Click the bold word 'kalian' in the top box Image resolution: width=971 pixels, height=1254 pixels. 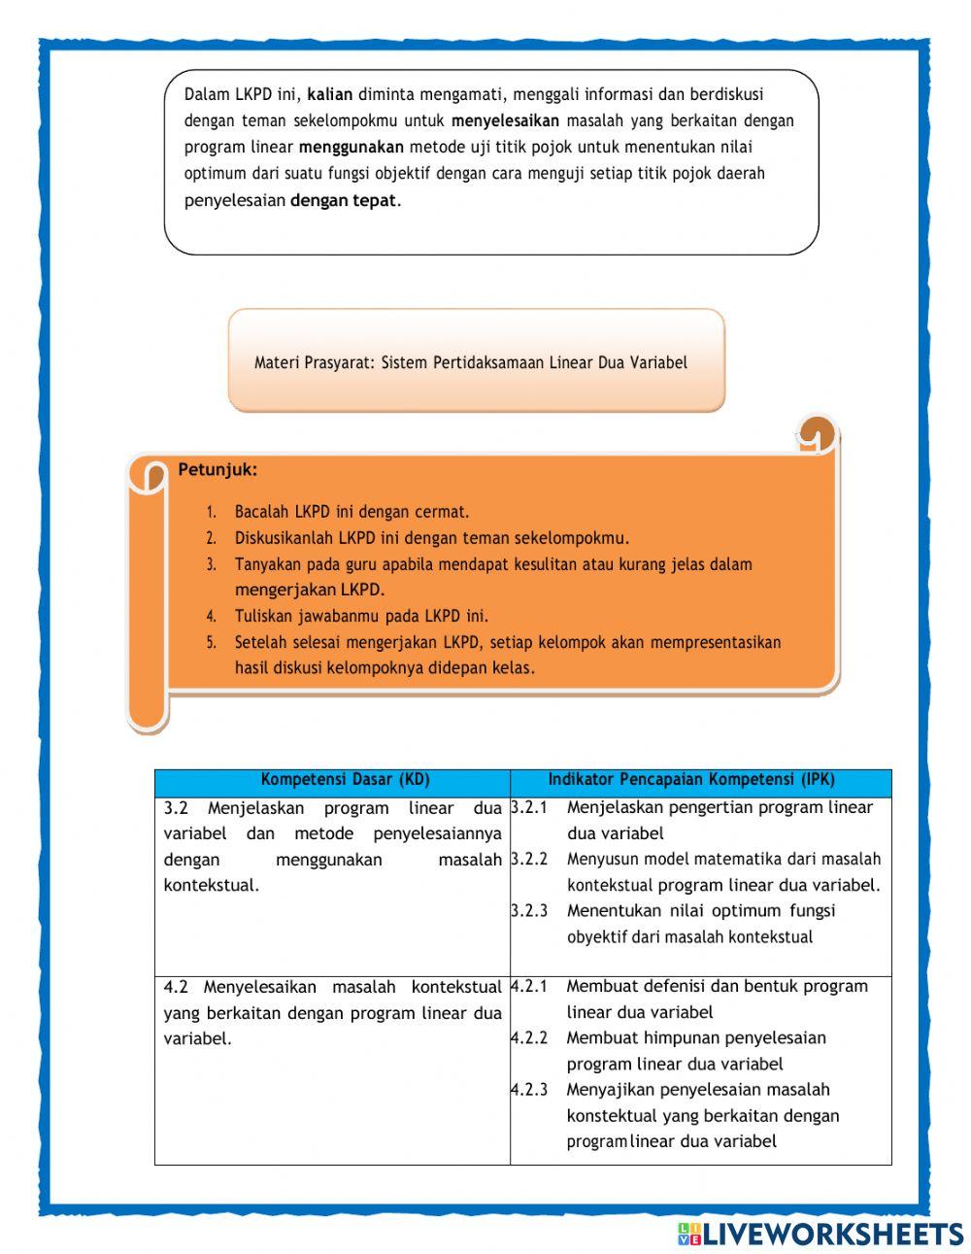click(x=329, y=95)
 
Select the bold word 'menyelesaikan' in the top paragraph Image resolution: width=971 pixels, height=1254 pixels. click(x=505, y=121)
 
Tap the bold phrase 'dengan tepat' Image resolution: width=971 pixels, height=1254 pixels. click(x=343, y=201)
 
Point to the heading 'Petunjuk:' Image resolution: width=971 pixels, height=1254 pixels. click(x=218, y=470)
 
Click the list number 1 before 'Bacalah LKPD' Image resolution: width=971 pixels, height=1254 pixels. click(x=211, y=512)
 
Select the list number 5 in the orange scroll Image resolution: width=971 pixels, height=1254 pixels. click(x=211, y=642)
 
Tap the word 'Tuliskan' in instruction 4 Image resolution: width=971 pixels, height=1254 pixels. click(x=264, y=616)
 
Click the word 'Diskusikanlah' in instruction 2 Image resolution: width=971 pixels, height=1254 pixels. click(x=283, y=538)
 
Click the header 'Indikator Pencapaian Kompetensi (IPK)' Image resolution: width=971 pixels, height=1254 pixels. click(x=691, y=780)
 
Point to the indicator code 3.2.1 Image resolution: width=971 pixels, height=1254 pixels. click(x=529, y=808)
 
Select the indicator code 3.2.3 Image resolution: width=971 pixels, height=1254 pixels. click(x=529, y=911)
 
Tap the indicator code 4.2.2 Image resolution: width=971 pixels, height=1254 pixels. click(x=529, y=1038)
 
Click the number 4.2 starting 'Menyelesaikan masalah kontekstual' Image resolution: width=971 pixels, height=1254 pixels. click(x=176, y=987)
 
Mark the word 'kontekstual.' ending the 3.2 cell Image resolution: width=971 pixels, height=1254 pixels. click(x=212, y=886)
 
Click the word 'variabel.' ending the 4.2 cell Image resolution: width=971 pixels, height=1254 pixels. click(x=198, y=1039)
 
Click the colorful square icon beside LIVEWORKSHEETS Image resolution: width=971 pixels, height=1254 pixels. click(x=689, y=1234)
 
